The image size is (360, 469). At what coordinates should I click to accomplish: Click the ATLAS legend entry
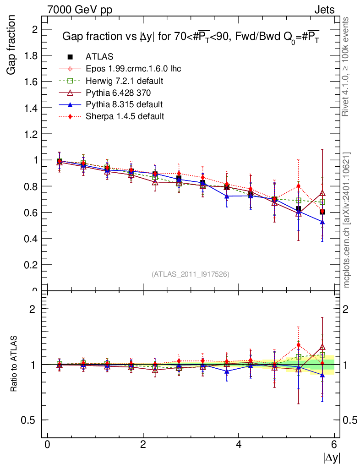click(x=99, y=57)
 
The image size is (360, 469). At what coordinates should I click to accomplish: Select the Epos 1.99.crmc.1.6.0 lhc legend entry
click(x=133, y=69)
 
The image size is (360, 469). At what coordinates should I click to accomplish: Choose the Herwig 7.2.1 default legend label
click(x=125, y=81)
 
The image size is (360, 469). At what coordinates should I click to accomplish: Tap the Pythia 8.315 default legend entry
click(x=124, y=104)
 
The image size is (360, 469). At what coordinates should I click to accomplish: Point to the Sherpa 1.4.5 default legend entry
click(x=125, y=116)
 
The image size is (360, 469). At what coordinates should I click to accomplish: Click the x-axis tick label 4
click(x=239, y=444)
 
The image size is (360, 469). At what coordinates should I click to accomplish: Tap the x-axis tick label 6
click(x=334, y=444)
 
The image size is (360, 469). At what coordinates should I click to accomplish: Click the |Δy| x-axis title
click(x=332, y=458)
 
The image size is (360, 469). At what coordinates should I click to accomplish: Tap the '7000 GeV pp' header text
click(x=80, y=10)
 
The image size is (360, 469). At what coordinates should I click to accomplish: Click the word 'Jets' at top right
click(x=324, y=10)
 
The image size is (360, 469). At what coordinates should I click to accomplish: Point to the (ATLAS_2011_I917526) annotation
click(x=190, y=274)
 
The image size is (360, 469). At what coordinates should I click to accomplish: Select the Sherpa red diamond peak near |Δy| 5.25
click(x=298, y=186)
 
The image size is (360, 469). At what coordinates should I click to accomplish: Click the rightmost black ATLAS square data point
click(x=322, y=212)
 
